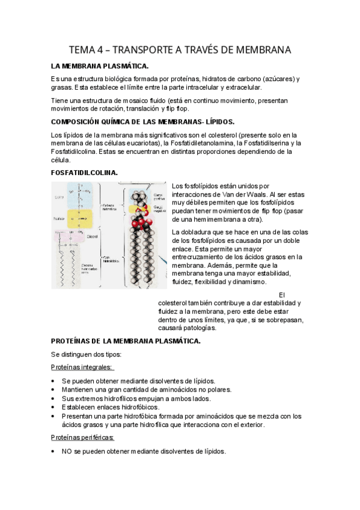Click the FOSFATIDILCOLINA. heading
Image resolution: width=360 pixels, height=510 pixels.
pos(84,173)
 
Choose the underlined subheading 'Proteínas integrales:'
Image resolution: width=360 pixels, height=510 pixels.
pos(82,368)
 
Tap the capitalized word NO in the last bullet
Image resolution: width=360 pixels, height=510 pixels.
pos(67,451)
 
